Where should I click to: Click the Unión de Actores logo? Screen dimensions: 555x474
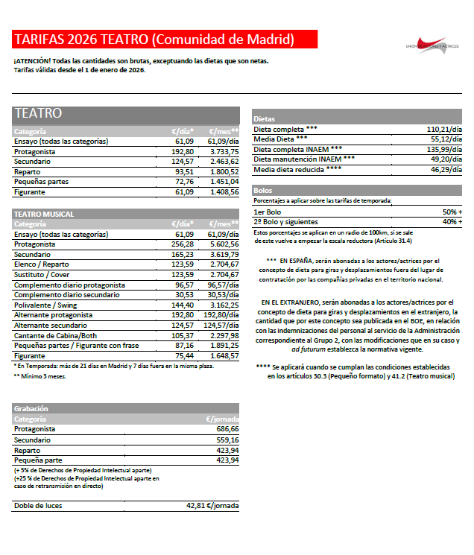point(432,44)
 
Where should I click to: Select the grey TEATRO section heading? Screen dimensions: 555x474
point(37,114)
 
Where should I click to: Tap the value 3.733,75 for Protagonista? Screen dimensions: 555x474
point(223,150)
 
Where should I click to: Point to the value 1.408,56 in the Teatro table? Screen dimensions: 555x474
point(223,192)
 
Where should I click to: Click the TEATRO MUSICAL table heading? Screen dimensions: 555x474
point(44,214)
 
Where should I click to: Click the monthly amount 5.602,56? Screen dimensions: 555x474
point(223,244)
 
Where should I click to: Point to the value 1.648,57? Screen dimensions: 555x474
point(223,355)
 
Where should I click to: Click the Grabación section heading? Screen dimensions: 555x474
point(31,408)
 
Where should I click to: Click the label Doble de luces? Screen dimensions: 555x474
point(38,506)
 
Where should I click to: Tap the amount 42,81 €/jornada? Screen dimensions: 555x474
point(212,506)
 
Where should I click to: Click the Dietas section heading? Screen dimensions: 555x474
point(265,119)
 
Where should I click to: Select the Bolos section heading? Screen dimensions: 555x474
point(263,191)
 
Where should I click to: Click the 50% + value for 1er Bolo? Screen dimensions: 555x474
point(448,212)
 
